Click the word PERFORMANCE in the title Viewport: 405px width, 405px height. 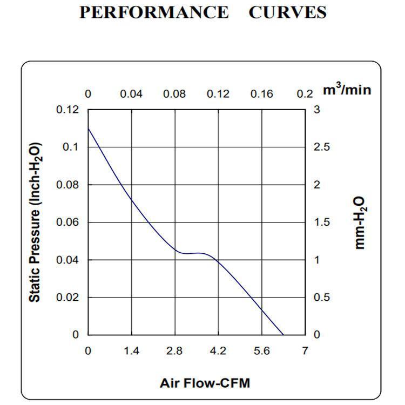point(154,12)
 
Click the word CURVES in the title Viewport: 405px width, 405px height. point(287,12)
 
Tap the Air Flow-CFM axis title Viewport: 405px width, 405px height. point(205,383)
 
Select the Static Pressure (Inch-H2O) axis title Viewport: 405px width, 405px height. point(35,222)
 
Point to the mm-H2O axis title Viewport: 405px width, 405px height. point(361,223)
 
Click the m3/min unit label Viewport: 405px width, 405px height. point(347,90)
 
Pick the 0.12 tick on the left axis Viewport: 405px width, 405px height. point(67,110)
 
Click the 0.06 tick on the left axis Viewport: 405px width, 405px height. point(67,222)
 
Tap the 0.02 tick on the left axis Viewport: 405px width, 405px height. point(67,297)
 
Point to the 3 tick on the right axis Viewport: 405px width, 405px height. point(317,110)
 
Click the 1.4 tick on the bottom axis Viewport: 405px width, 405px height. point(131,351)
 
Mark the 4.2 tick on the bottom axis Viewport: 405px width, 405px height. point(218,351)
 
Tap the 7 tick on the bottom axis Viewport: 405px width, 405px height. point(305,351)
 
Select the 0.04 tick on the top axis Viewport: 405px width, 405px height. point(131,94)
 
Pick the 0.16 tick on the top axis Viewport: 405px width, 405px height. point(261,94)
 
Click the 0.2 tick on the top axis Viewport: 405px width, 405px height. point(305,94)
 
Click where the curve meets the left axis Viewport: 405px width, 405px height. point(88,129)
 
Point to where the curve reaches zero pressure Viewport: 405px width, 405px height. point(283,334)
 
